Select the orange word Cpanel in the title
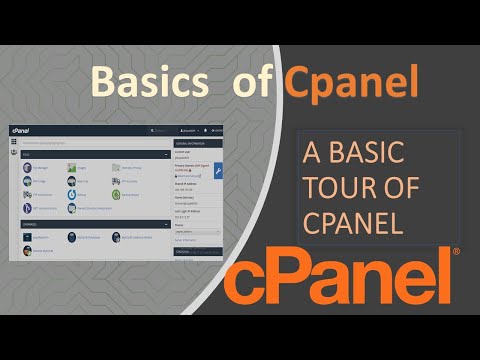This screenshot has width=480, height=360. pos(350,82)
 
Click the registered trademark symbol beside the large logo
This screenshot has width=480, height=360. pos(456,252)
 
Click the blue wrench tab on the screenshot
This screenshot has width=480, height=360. pos(218,170)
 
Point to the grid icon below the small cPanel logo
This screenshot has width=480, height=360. pos(14,142)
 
